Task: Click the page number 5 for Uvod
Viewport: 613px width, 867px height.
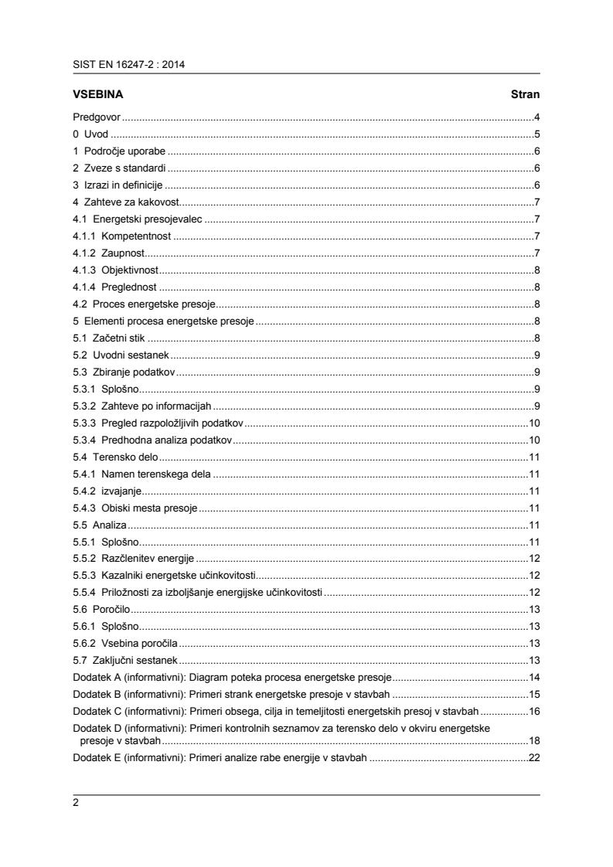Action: (536, 134)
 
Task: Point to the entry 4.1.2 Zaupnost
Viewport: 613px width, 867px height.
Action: (109, 253)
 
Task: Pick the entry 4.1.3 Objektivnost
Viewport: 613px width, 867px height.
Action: (115, 270)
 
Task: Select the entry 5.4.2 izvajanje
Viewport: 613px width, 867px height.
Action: (107, 491)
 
